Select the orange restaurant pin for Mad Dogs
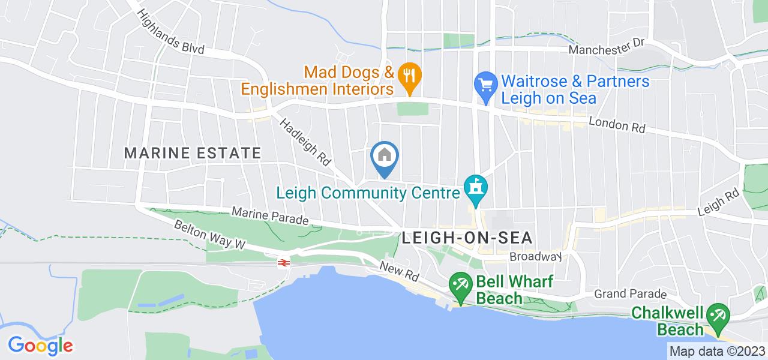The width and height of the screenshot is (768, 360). pyautogui.click(x=409, y=76)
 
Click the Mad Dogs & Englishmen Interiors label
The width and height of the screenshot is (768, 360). pyautogui.click(x=317, y=81)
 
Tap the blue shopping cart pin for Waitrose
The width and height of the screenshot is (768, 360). pyautogui.click(x=484, y=84)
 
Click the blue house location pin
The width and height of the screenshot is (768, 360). pyautogui.click(x=385, y=157)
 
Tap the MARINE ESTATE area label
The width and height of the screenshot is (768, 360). pyautogui.click(x=193, y=153)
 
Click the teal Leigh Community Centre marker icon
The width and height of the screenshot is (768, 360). pyautogui.click(x=476, y=190)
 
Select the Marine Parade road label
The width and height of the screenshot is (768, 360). pyautogui.click(x=270, y=217)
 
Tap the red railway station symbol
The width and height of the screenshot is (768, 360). pyautogui.click(x=281, y=262)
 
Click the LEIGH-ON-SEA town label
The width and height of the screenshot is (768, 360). pyautogui.click(x=467, y=238)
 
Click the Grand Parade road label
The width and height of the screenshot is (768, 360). pyautogui.click(x=630, y=294)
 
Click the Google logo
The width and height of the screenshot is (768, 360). pyautogui.click(x=40, y=345)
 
